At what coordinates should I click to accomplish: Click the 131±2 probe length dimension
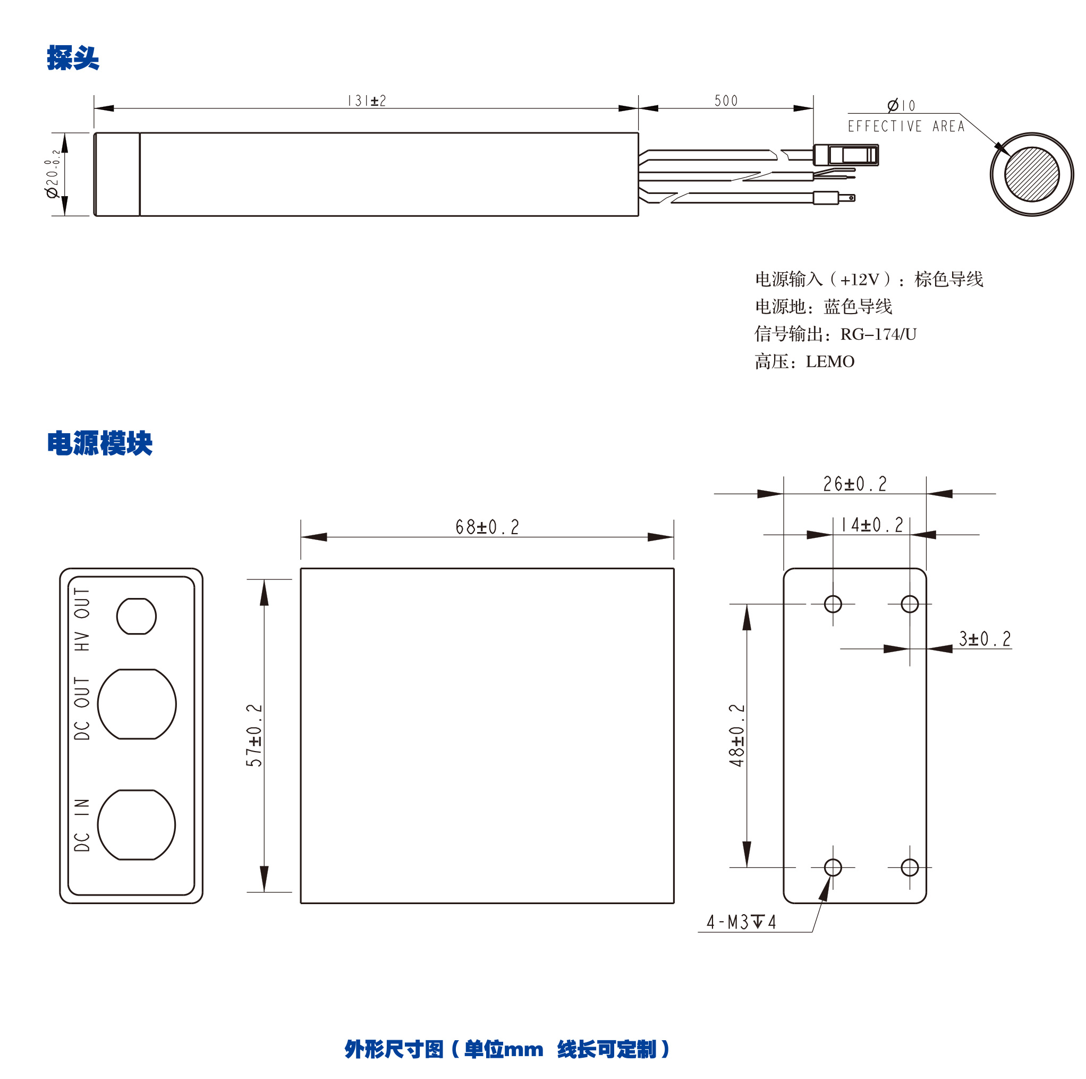coord(367,101)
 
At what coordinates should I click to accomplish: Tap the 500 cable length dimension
coord(725,101)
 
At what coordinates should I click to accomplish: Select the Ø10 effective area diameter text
coord(901,106)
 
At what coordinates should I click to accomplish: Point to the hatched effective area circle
coord(1031,174)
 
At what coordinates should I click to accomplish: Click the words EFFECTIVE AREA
coord(905,127)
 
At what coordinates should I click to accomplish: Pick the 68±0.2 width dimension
coord(487,527)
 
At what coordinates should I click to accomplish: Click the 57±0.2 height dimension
coord(254,735)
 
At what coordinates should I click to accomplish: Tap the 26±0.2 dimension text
coord(854,484)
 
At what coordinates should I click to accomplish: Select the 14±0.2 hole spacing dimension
coord(871,525)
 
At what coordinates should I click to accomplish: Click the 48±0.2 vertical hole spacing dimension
coord(736,735)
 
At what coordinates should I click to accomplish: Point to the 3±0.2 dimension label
coord(985,639)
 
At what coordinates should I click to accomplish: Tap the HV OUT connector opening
coord(137,616)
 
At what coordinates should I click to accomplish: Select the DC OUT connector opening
coord(137,703)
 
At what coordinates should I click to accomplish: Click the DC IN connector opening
coord(137,824)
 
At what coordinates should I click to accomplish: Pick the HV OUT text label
coord(82,619)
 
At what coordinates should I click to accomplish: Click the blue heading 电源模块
coord(99,444)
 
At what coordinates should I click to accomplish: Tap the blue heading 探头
coord(73,58)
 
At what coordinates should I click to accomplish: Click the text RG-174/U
coord(878,334)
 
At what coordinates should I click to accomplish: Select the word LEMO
coord(830,361)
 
